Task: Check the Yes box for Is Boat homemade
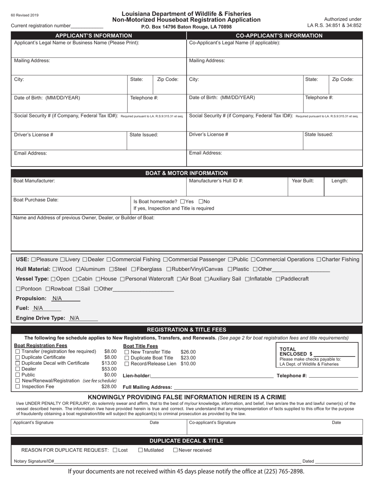(x=182, y=201)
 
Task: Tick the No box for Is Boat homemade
(x=201, y=201)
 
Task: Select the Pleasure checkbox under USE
(x=33, y=259)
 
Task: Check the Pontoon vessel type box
(x=18, y=289)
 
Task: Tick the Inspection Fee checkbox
(x=17, y=386)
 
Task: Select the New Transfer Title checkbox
(x=127, y=352)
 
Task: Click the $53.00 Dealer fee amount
(x=109, y=369)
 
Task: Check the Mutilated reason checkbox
(x=141, y=450)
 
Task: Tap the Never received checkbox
(x=176, y=450)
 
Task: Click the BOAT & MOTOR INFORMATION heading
(x=187, y=173)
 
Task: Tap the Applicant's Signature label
(x=33, y=423)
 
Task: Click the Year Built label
(x=303, y=181)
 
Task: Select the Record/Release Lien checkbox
(x=127, y=364)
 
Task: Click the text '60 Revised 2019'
(x=25, y=15)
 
